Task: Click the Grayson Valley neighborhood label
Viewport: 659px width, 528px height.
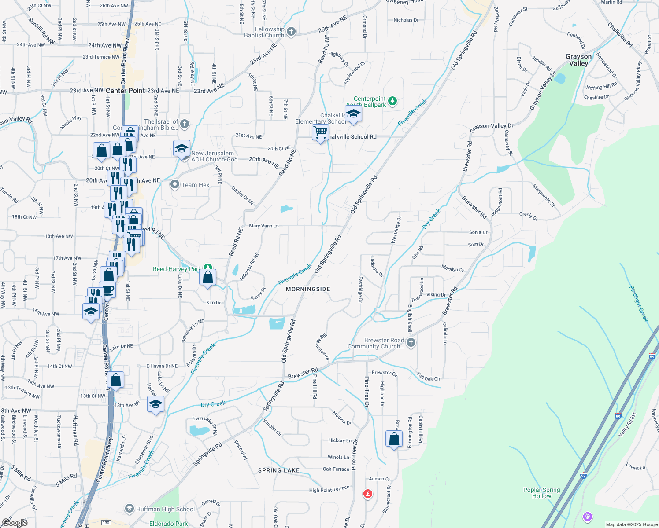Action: [x=578, y=60]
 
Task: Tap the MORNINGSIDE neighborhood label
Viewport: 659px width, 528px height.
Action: [x=308, y=289]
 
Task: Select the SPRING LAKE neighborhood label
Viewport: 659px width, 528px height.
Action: [x=279, y=470]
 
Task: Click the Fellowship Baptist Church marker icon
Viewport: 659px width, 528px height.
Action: [x=291, y=32]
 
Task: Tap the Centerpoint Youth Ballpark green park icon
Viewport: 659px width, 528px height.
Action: [x=392, y=101]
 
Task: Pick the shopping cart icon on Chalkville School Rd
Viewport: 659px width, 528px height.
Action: [x=320, y=132]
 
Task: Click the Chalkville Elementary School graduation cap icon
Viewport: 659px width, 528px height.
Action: [x=353, y=114]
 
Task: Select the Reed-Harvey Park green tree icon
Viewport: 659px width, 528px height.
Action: [x=208, y=268]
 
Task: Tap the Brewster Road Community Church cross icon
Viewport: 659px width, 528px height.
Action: [x=411, y=343]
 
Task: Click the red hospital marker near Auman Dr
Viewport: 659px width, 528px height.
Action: [x=367, y=494]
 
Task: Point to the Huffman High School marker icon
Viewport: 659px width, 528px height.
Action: [x=129, y=509]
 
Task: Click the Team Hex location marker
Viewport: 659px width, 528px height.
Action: [x=175, y=185]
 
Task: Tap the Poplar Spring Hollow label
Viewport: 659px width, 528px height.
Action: [x=541, y=493]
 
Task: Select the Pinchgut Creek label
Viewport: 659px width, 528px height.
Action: [x=638, y=304]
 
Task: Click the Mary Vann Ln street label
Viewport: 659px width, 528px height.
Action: [x=264, y=226]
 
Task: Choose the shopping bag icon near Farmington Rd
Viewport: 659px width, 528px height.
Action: [x=394, y=439]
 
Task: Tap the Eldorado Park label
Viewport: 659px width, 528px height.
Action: [x=169, y=524]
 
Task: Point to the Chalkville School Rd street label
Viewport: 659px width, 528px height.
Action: [x=352, y=137]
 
